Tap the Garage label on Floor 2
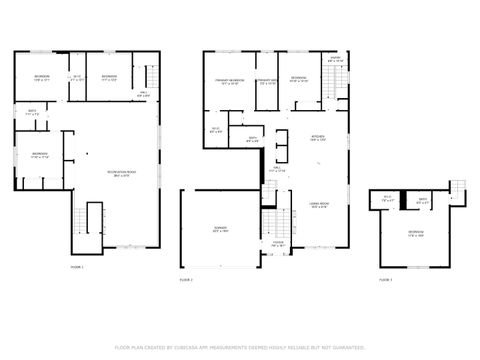click(x=219, y=230)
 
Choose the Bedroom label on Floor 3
click(x=415, y=234)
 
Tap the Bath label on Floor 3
click(x=424, y=200)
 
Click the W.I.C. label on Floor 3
click(x=389, y=200)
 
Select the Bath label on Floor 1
click(x=32, y=112)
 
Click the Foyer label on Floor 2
click(x=278, y=243)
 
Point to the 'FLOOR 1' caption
click(x=77, y=268)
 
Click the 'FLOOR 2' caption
click(x=186, y=280)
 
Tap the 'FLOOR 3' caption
click(x=386, y=280)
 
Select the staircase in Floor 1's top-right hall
click(x=153, y=77)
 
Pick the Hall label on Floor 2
click(x=277, y=171)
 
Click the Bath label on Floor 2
click(x=254, y=140)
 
